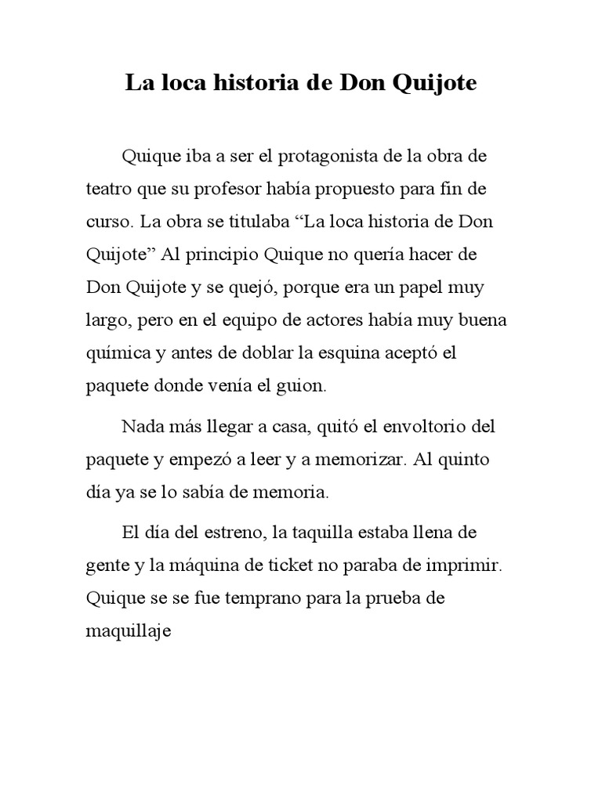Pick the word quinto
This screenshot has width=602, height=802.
(462, 461)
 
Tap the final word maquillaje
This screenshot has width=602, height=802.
(128, 633)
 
